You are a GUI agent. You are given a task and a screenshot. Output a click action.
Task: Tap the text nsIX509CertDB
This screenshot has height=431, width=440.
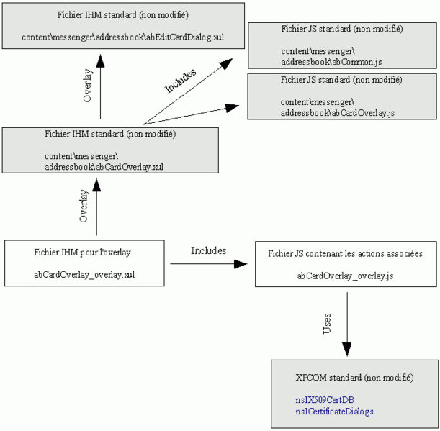click(324, 399)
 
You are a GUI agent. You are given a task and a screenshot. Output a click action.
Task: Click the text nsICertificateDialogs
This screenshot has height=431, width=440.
click(334, 411)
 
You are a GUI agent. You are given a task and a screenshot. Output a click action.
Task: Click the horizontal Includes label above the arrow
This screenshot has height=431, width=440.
click(208, 250)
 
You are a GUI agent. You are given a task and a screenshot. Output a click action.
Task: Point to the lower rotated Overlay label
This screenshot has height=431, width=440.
click(84, 207)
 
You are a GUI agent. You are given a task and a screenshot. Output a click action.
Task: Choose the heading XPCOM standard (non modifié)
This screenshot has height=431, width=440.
click(354, 377)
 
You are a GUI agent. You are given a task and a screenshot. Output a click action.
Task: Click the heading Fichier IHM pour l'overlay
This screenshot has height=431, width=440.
click(82, 252)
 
